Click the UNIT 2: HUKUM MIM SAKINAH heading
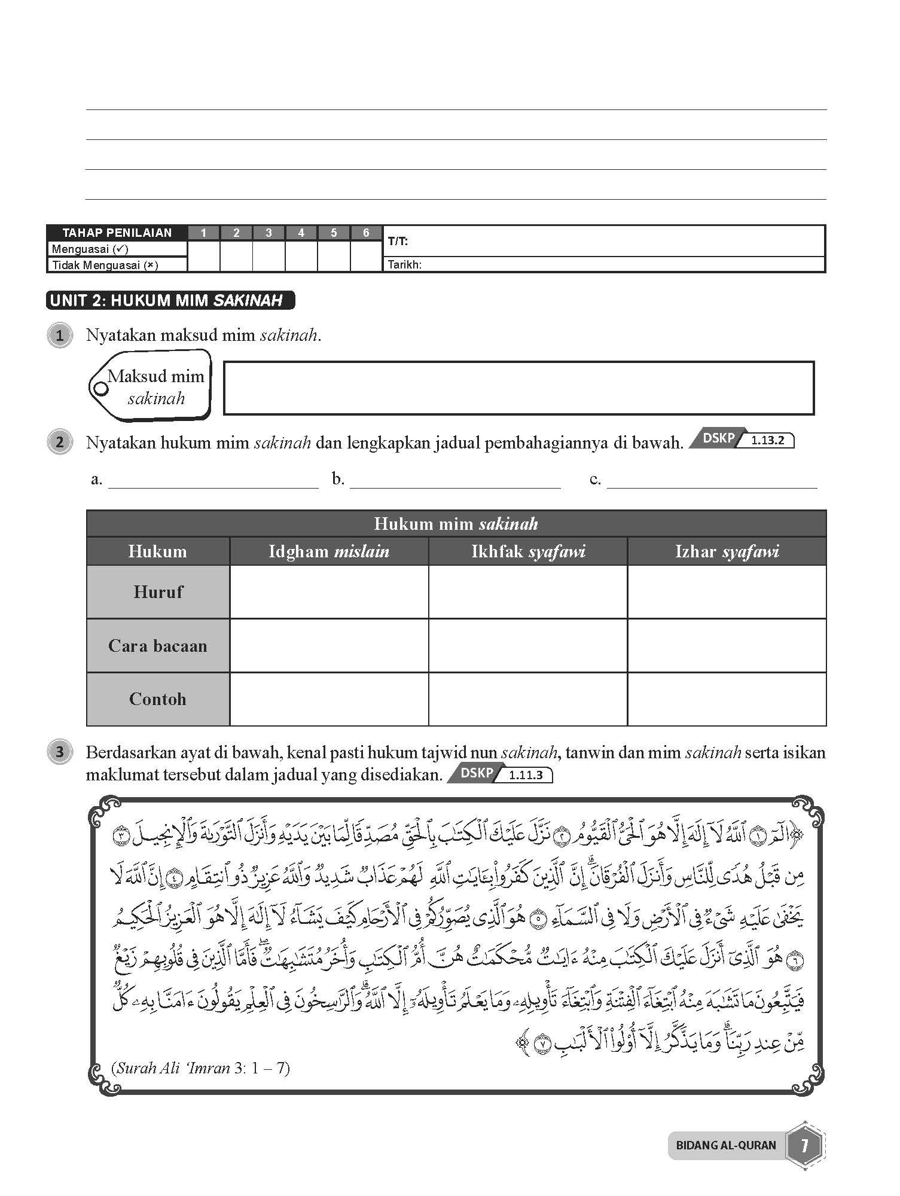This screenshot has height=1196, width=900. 169,300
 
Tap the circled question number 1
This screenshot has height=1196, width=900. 59,335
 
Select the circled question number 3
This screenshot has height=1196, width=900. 59,752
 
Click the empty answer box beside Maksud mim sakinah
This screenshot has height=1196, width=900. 518,388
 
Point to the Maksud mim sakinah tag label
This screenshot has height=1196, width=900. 154,387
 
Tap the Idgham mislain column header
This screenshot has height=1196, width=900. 329,551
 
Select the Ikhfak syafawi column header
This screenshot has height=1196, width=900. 528,551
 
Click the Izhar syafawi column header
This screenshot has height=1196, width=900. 727,551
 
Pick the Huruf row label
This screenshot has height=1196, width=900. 158,592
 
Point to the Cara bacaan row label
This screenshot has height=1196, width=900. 158,646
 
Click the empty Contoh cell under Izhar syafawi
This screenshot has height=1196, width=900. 727,699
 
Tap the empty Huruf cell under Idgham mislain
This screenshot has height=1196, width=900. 329,592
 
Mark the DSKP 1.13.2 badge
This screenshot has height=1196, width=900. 742,440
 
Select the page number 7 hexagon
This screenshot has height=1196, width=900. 804,1145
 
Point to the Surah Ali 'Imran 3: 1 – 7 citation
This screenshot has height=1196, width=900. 200,1068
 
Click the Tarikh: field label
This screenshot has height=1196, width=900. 405,264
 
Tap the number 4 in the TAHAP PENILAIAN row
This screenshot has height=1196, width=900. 301,233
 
